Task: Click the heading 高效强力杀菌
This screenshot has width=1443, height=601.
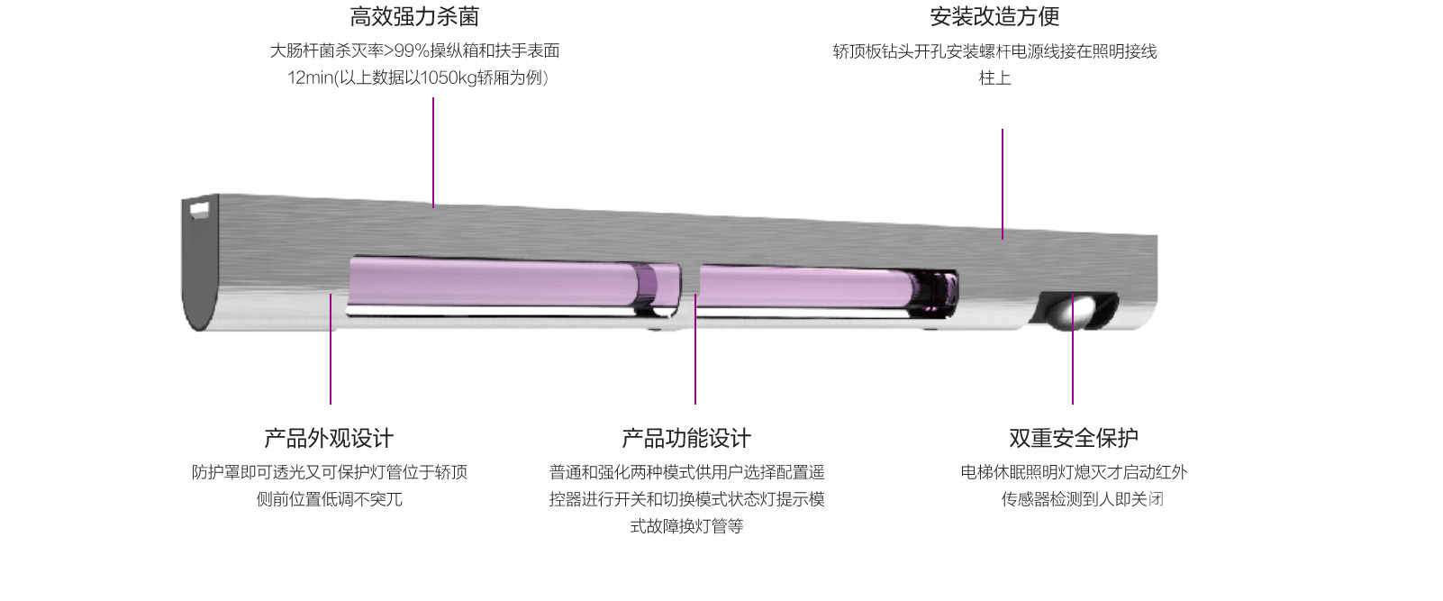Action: (414, 16)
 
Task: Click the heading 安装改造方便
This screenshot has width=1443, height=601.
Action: (994, 16)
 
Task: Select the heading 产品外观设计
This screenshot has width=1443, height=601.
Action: (329, 438)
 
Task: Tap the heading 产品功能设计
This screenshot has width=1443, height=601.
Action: (686, 438)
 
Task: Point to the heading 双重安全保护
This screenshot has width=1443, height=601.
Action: (1074, 438)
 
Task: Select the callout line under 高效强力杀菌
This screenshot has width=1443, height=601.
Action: (433, 152)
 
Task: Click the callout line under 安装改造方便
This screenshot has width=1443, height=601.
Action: (1003, 184)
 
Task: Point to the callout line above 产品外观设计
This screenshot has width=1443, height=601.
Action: (331, 349)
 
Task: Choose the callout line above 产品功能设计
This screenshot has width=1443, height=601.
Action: (695, 349)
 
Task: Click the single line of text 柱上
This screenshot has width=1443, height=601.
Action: (995, 77)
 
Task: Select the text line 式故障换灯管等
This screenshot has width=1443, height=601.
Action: (686, 526)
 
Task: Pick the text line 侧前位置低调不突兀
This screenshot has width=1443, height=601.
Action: (330, 499)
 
